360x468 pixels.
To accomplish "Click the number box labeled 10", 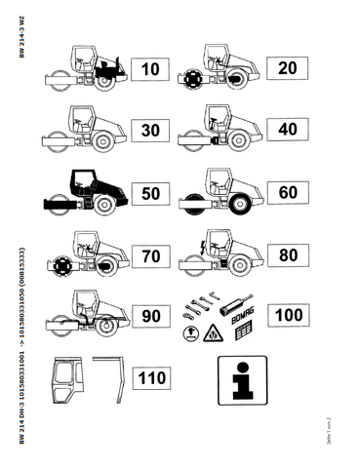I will click(150, 69).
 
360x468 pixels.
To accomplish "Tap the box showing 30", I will click(150, 131).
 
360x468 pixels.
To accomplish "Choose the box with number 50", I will click(150, 192).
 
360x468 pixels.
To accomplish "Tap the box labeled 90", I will click(150, 317).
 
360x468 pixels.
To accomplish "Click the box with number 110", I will click(150, 377).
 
